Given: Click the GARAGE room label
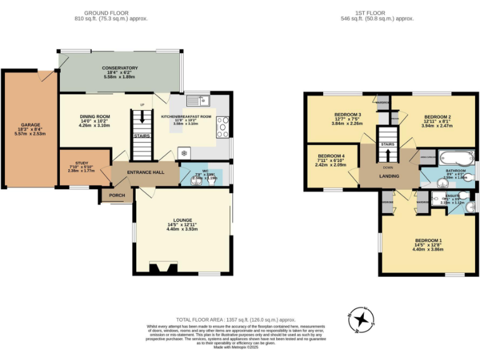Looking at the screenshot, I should click(30, 124).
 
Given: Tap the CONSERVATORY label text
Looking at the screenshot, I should click(119, 68).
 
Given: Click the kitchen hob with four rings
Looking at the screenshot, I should click(222, 128).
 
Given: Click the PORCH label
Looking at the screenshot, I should click(117, 196).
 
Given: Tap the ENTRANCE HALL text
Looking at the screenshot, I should click(146, 172).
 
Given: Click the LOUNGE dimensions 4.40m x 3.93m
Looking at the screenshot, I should click(182, 229).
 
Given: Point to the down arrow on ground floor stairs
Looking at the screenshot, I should click(142, 117).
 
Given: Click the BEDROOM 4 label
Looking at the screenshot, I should click(331, 156).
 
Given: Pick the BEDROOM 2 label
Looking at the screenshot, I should click(437, 117).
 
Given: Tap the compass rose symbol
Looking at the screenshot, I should click(362, 319).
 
